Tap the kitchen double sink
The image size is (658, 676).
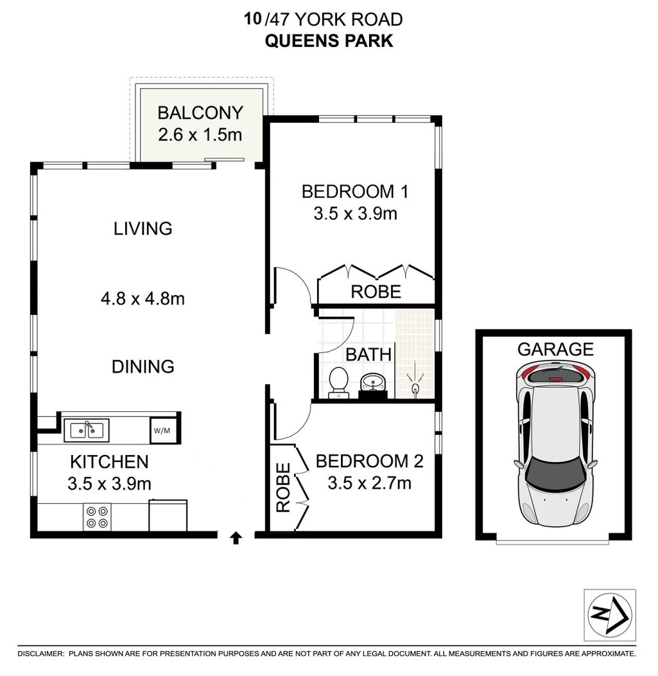tap(87, 429)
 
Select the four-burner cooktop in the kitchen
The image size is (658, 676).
tap(97, 517)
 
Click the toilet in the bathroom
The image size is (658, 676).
tap(338, 382)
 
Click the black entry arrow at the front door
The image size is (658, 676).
tap(236, 538)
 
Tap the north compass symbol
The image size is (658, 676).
tap(610, 614)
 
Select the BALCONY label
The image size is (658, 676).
tap(200, 113)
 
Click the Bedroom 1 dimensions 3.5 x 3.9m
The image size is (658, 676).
tap(355, 213)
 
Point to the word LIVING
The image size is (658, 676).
tap(143, 228)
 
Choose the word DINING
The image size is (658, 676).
tap(143, 366)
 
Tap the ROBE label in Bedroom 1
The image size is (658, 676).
tap(376, 292)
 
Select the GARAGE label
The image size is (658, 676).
tap(555, 349)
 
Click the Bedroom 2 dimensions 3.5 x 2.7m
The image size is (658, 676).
tap(369, 483)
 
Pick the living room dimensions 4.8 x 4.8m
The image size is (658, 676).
tap(143, 299)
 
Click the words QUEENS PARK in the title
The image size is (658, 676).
tap(329, 41)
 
